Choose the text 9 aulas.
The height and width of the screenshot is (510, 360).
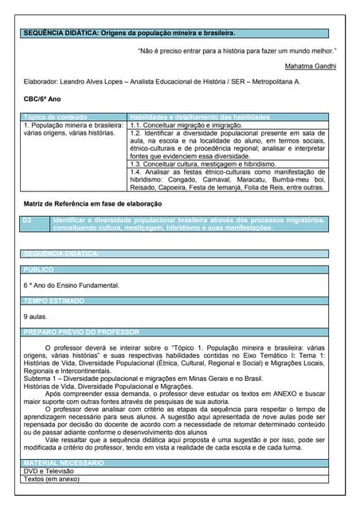coord(36,316)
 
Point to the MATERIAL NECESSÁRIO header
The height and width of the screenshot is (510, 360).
coord(65,462)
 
